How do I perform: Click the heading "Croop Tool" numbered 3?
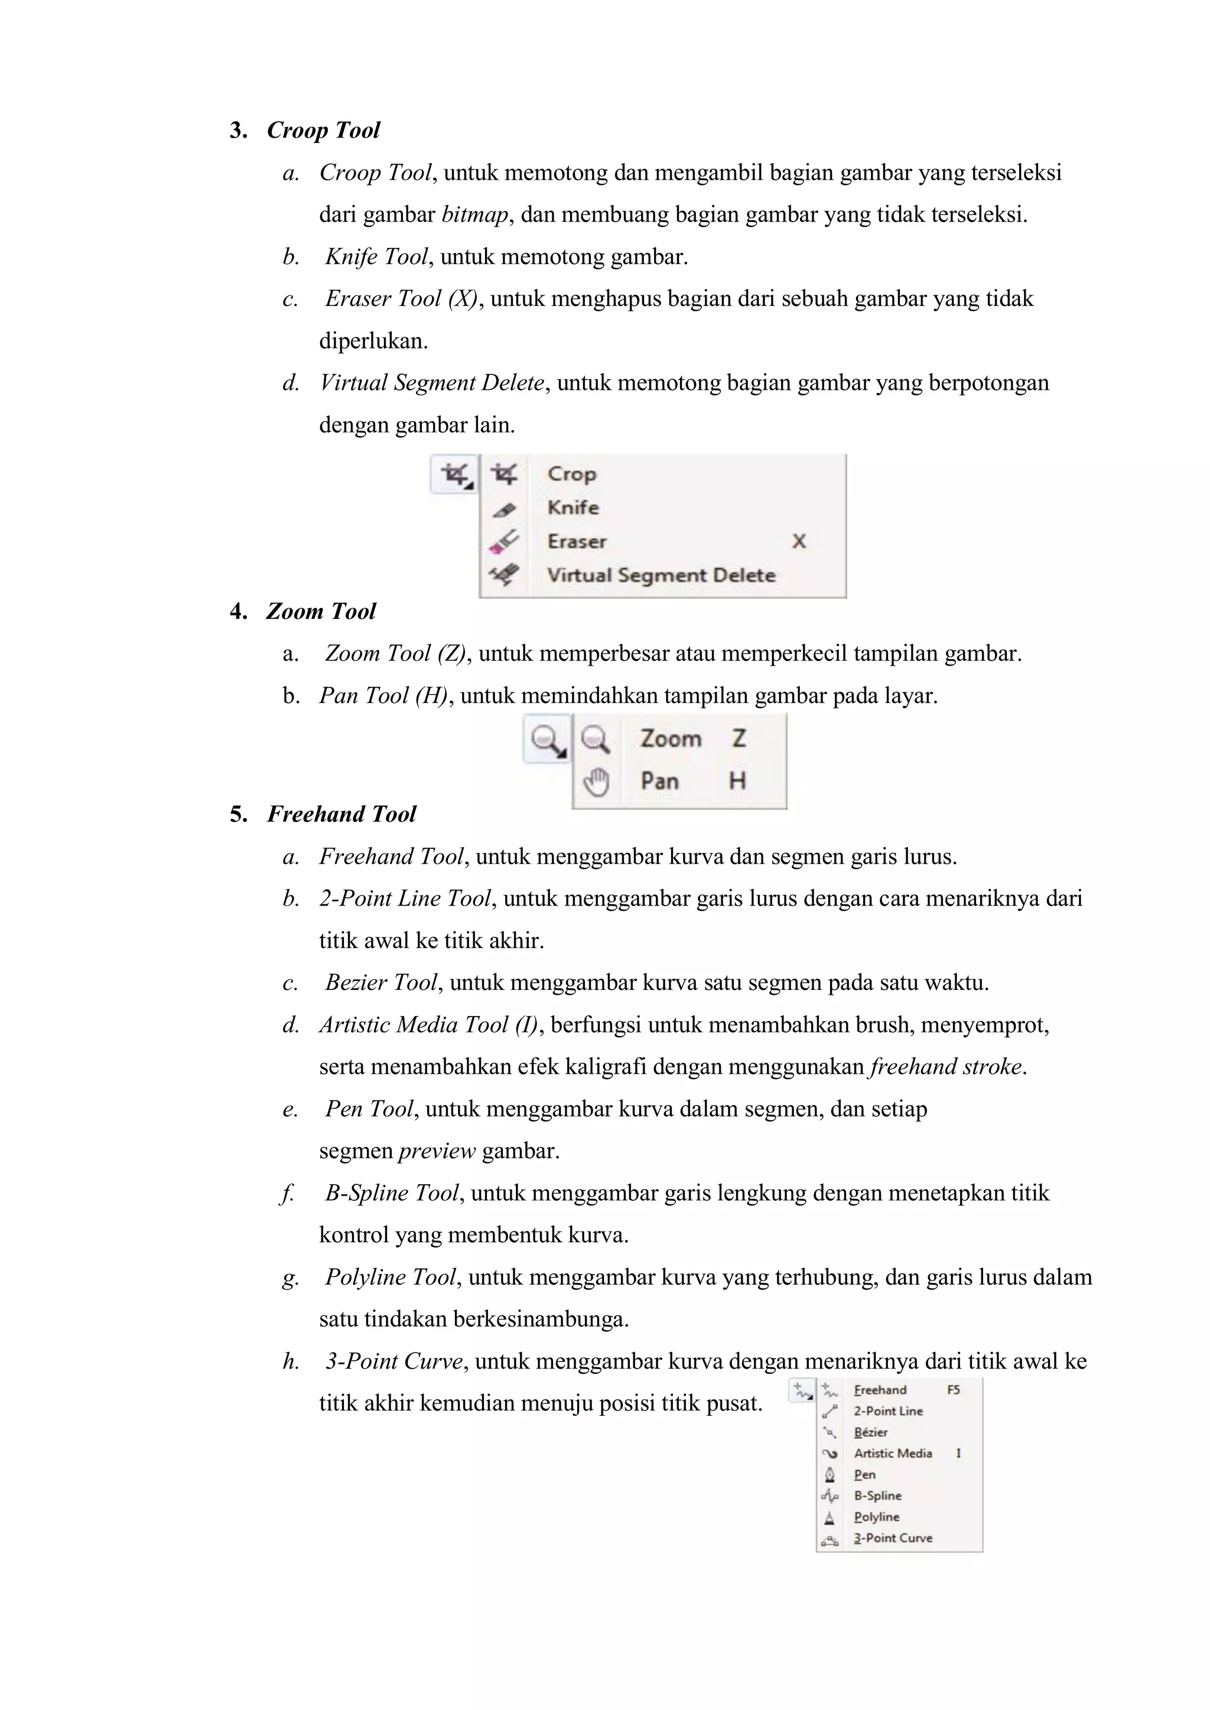(323, 131)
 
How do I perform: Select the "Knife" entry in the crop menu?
(573, 508)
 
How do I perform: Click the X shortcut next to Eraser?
(799, 542)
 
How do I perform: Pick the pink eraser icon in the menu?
(503, 542)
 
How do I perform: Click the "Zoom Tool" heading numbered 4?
(320, 611)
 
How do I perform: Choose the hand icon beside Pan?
(596, 782)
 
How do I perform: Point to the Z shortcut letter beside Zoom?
(739, 739)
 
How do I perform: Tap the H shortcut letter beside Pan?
(737, 781)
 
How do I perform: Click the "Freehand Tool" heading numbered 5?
(341, 814)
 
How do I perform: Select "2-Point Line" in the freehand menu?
(888, 1411)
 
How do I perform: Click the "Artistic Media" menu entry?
(893, 1453)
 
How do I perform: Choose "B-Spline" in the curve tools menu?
(878, 1496)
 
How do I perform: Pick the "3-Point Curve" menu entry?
(893, 1538)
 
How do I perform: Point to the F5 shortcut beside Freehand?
(954, 1390)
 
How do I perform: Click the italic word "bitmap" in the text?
(474, 215)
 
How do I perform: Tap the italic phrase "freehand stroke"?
(947, 1067)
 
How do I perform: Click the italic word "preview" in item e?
(437, 1151)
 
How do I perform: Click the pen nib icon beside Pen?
(830, 1475)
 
